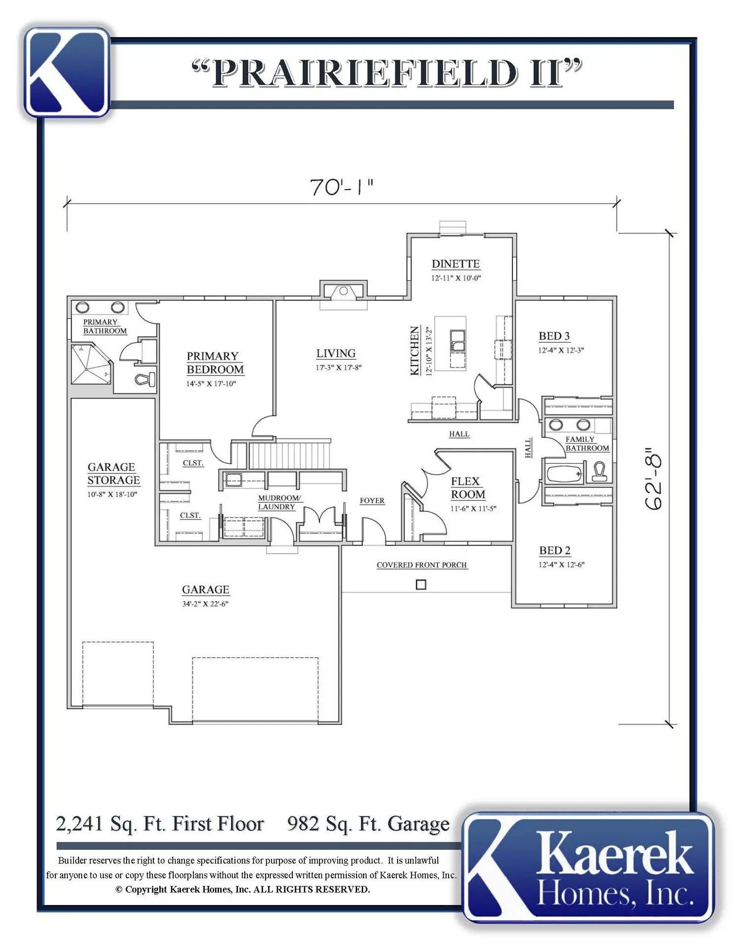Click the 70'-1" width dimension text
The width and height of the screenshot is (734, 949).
pyautogui.click(x=341, y=187)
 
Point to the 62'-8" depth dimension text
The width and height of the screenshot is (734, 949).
pyautogui.click(x=653, y=478)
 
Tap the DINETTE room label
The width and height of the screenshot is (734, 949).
pyautogui.click(x=456, y=264)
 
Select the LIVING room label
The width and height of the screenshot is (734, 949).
pyautogui.click(x=336, y=353)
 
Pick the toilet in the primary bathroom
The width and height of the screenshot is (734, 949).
pyautogui.click(x=145, y=379)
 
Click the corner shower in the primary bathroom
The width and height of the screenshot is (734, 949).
pyautogui.click(x=91, y=364)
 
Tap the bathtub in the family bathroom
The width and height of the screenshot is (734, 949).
pyautogui.click(x=565, y=474)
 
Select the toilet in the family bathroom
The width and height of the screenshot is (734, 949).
pyautogui.click(x=599, y=472)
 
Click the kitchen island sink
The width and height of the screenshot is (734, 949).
pyautogui.click(x=458, y=341)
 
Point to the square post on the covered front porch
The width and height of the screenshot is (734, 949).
pyautogui.click(x=421, y=585)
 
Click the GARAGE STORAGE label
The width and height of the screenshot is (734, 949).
pyautogui.click(x=113, y=474)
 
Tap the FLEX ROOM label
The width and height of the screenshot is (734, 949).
pyautogui.click(x=467, y=488)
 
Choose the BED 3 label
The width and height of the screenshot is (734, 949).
pyautogui.click(x=554, y=336)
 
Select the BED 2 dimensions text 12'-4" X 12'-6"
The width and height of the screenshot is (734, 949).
pyautogui.click(x=561, y=564)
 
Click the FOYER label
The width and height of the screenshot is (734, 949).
pyautogui.click(x=372, y=501)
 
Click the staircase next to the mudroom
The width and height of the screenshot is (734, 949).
pyautogui.click(x=289, y=454)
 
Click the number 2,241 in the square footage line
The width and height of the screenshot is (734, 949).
pyautogui.click(x=79, y=824)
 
